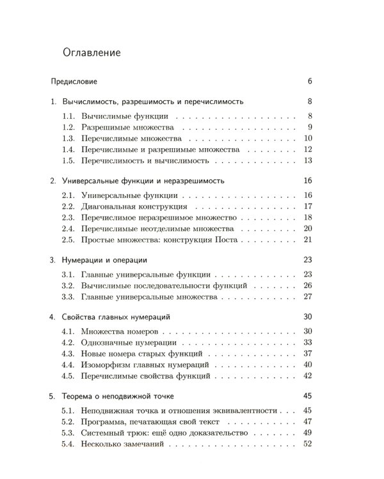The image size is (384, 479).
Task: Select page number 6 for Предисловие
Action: click(x=309, y=82)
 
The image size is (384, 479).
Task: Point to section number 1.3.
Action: click(x=69, y=138)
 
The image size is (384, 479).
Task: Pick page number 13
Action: click(x=307, y=160)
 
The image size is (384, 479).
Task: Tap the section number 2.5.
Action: click(x=69, y=240)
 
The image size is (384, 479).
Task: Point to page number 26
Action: click(x=307, y=285)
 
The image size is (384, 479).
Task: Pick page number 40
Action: click(x=307, y=364)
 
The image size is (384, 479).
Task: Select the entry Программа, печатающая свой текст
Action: click(x=151, y=422)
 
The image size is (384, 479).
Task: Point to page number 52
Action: click(x=307, y=443)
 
